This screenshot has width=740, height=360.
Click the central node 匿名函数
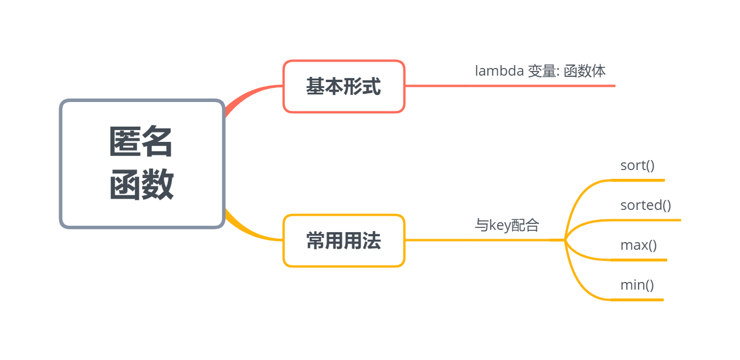142,164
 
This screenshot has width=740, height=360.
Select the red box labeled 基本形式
344,86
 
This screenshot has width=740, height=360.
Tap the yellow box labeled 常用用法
344,240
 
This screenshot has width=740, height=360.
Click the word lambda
499,71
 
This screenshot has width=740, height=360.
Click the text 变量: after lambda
544,71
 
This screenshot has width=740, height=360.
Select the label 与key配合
507,225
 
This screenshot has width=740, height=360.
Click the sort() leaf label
637,165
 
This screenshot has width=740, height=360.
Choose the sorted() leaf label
646,205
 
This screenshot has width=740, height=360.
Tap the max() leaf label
639,245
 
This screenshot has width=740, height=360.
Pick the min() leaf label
637,285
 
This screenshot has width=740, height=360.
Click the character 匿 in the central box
125,142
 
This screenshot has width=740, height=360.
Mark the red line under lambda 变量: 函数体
510,86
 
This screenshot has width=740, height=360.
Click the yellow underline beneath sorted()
645,220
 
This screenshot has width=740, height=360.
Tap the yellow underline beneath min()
637,300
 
